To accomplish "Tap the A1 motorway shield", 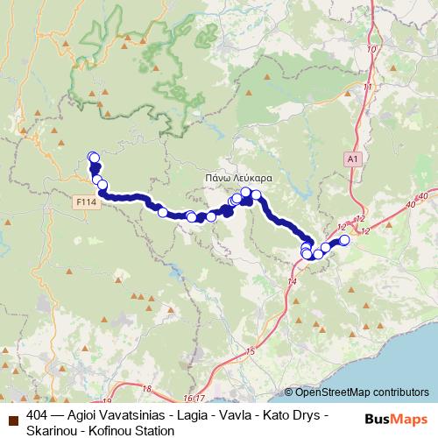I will point(352,159).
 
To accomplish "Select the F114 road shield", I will point(85,201).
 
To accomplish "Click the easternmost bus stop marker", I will point(344,240).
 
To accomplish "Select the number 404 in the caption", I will point(38,414).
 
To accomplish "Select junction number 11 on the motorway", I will point(369,87).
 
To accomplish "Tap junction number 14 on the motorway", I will point(293,281).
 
